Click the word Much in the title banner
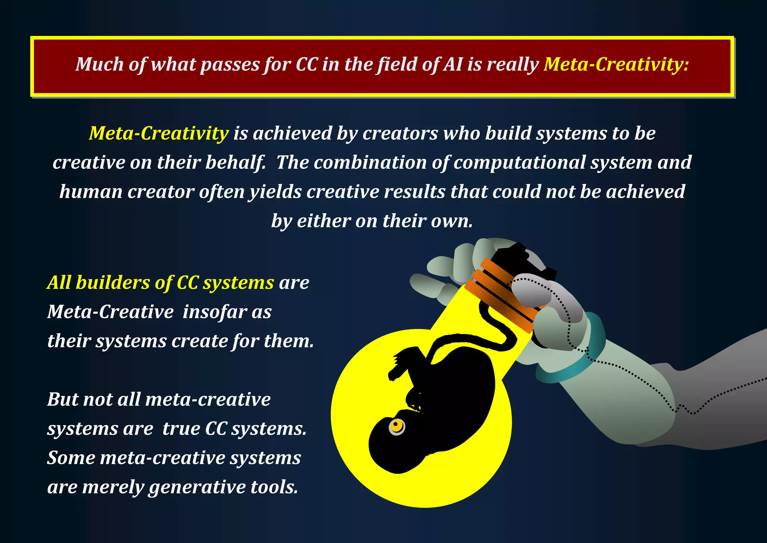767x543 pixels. [x=100, y=64]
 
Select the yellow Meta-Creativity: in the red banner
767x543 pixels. [x=616, y=64]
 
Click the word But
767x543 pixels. [x=62, y=399]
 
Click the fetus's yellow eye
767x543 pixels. [x=397, y=426]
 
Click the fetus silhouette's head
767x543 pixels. [x=397, y=446]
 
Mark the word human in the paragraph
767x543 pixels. [x=90, y=192]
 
